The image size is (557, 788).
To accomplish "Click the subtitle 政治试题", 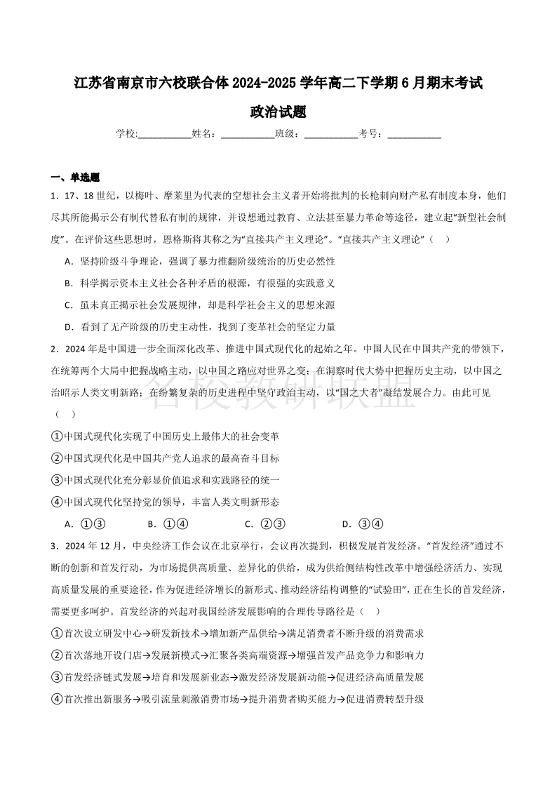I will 278,112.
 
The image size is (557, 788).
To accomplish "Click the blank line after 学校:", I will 165,134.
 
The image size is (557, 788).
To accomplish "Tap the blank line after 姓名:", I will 248,134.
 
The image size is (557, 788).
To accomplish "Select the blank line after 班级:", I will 331,134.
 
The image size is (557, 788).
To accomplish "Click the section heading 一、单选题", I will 76,177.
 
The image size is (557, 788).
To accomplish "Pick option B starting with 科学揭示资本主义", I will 199,283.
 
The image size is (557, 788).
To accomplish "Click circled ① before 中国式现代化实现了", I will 57,436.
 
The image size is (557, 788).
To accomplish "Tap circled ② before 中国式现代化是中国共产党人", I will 57,458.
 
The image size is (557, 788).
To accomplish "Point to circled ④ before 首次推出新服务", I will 57,699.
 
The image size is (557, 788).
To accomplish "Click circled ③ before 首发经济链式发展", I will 57,677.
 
